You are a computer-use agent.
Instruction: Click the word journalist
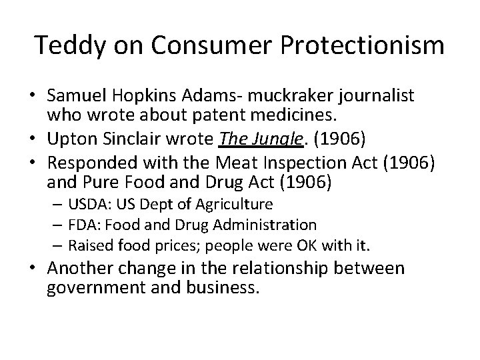[377, 96]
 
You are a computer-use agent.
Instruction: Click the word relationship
[299, 269]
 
